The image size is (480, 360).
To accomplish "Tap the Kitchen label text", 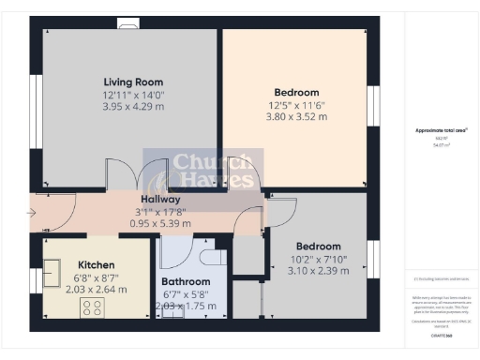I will [x=96, y=265].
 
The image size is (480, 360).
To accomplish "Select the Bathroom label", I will [x=184, y=281].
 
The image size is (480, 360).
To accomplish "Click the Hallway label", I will [x=160, y=200].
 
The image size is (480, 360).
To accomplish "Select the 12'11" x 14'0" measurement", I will [x=131, y=96].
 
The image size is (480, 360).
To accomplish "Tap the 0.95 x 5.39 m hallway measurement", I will [x=160, y=223].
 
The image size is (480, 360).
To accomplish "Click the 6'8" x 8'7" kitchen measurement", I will [x=96, y=278].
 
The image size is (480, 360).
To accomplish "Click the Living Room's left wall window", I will [x=37, y=102].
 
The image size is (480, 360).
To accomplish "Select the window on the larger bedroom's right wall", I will [x=371, y=101].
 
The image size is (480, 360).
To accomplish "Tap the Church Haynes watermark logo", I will [x=202, y=172].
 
